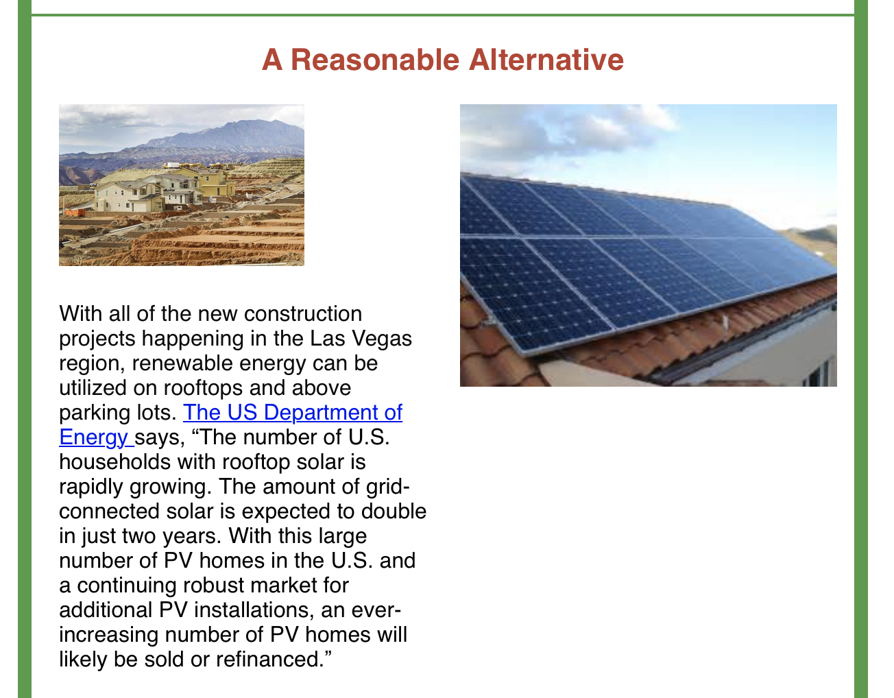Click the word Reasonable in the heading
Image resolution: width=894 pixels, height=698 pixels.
375,60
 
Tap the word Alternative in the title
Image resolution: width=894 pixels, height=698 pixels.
546,60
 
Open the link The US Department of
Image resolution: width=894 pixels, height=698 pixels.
293,412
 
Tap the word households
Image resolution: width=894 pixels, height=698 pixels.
114,462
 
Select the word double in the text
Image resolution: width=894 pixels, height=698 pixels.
394,512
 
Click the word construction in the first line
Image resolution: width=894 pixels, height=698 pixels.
303,314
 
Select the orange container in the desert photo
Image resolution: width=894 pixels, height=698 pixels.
75,213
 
